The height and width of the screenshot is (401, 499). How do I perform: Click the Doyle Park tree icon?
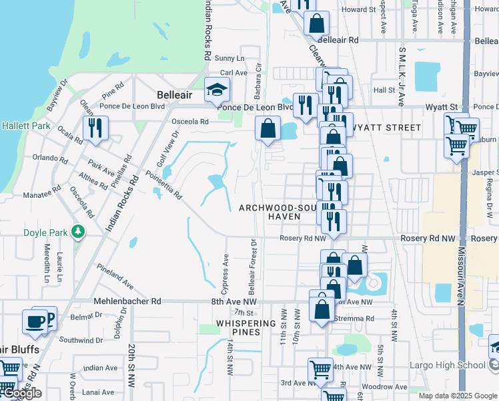[79, 231]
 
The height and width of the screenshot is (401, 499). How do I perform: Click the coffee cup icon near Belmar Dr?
[35, 321]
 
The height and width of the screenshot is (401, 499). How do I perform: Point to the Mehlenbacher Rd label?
[127, 301]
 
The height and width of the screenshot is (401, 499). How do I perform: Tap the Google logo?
[22, 394]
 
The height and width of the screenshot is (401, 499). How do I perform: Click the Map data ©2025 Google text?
[458, 396]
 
